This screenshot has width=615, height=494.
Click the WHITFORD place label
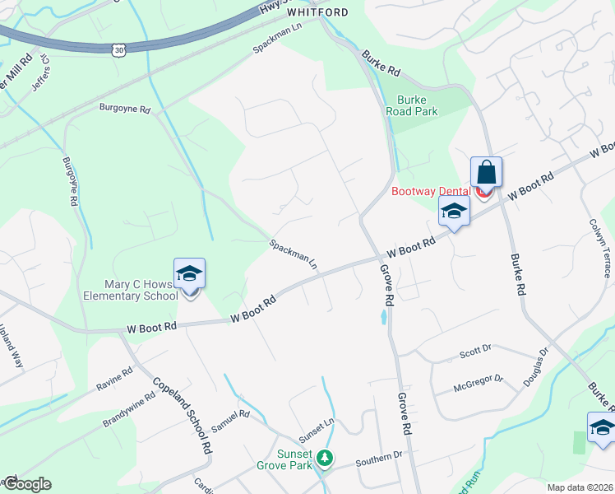(317, 12)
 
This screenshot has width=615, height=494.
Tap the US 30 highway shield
(120, 50)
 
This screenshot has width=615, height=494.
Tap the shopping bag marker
(486, 173)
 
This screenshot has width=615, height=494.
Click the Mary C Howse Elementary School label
(131, 290)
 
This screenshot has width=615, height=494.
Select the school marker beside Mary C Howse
(189, 275)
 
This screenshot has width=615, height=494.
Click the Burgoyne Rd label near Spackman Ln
(126, 109)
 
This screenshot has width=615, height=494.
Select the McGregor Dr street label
(479, 382)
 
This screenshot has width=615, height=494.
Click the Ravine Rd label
(114, 380)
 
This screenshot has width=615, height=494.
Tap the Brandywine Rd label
(129, 409)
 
